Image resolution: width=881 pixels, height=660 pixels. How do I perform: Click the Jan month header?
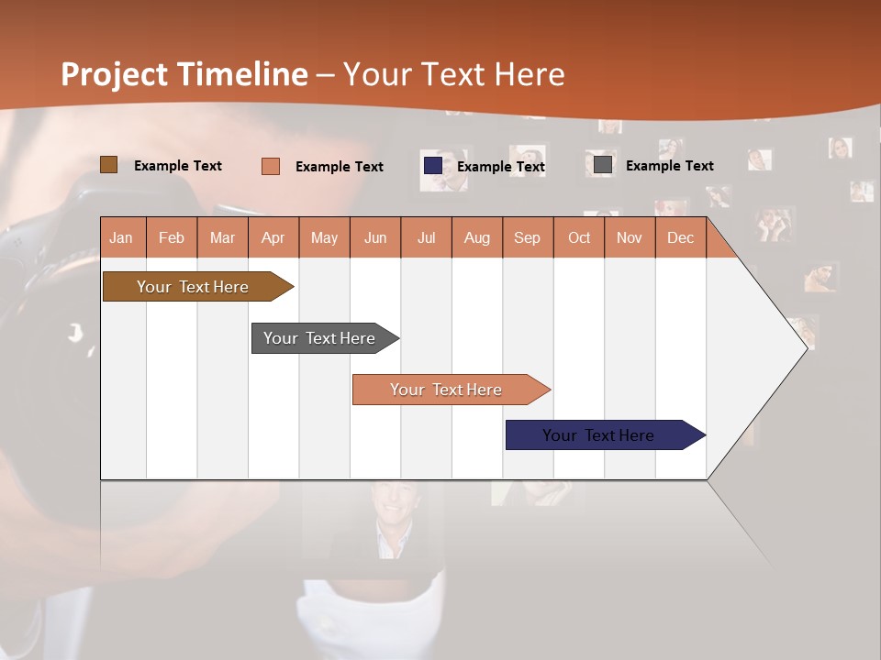coord(122,237)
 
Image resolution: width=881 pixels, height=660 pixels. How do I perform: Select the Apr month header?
coord(273,237)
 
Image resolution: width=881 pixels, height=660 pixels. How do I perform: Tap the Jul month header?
coord(426,237)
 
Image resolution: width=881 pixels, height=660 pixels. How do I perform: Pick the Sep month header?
coord(528,237)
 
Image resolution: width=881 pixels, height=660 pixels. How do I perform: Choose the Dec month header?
coord(680,237)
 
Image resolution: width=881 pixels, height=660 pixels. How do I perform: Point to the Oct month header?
coord(579,237)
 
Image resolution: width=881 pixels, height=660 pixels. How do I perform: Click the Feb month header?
coord(172,237)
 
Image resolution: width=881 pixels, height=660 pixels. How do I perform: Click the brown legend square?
coord(108,165)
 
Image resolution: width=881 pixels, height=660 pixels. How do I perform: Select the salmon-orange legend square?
coord(270,166)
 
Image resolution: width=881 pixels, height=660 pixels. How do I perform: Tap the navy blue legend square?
coord(432,166)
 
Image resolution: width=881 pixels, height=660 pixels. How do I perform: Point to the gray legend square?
coord(603,165)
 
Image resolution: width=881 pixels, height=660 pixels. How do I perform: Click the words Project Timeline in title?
coord(184,74)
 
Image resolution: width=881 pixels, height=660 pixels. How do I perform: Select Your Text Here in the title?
coord(453,74)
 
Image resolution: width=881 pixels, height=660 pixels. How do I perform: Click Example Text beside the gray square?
coord(669,166)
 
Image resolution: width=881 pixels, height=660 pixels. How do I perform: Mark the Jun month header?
coord(375,237)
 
